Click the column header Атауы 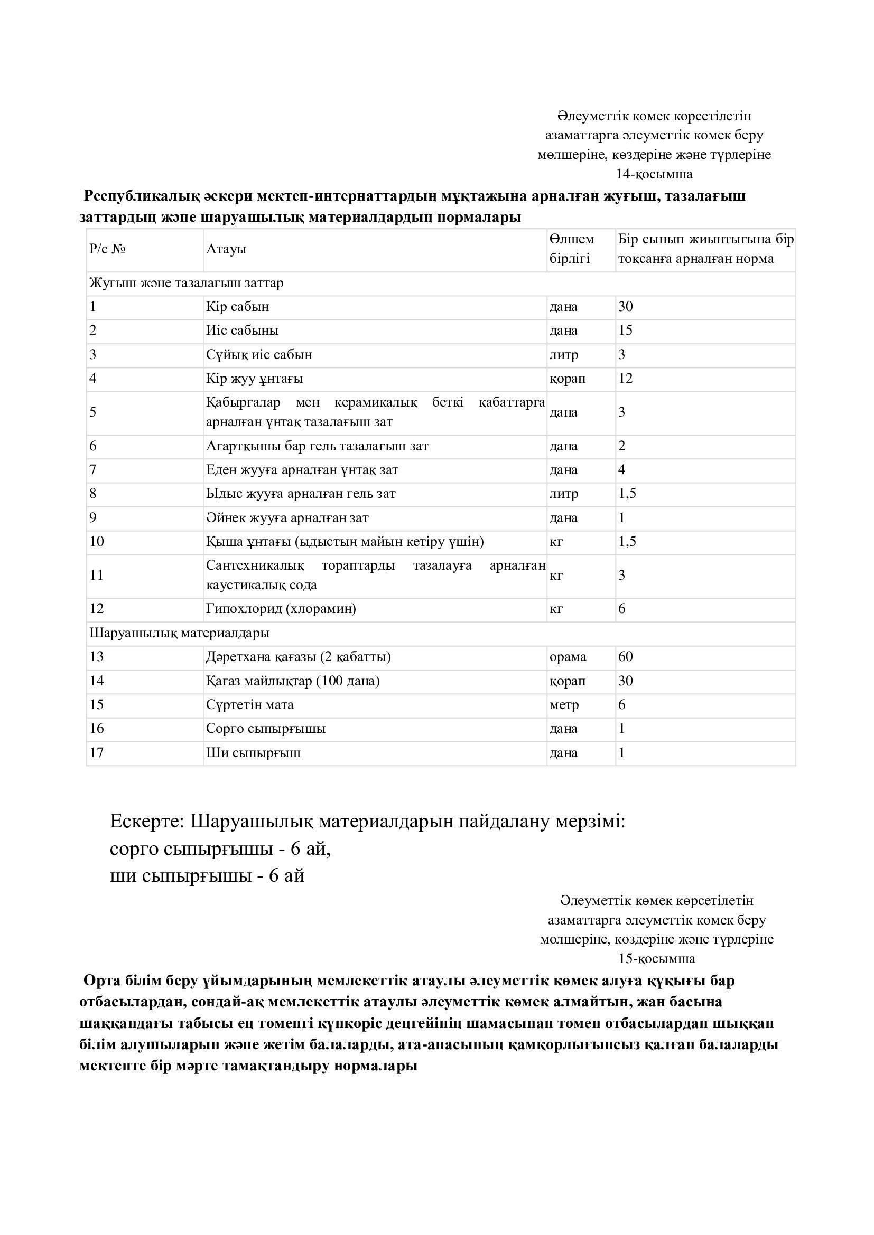click(x=226, y=250)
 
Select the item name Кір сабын click(x=237, y=307)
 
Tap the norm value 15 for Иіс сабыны click(x=625, y=330)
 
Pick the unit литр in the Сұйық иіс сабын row click(x=563, y=355)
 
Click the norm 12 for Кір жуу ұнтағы click(x=625, y=379)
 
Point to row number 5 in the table click(x=93, y=412)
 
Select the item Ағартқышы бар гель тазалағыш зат click(x=317, y=446)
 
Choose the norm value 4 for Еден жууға click(x=621, y=469)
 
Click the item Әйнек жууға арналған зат click(x=287, y=518)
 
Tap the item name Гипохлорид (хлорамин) click(x=281, y=609)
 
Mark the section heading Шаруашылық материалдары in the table click(x=179, y=633)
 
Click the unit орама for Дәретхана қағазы click(x=568, y=657)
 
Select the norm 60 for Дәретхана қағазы click(x=625, y=657)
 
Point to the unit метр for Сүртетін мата click(x=564, y=705)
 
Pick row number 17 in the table click(x=96, y=752)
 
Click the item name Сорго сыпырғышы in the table click(x=266, y=729)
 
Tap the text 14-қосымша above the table click(x=654, y=174)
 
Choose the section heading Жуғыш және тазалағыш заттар click(x=186, y=284)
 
